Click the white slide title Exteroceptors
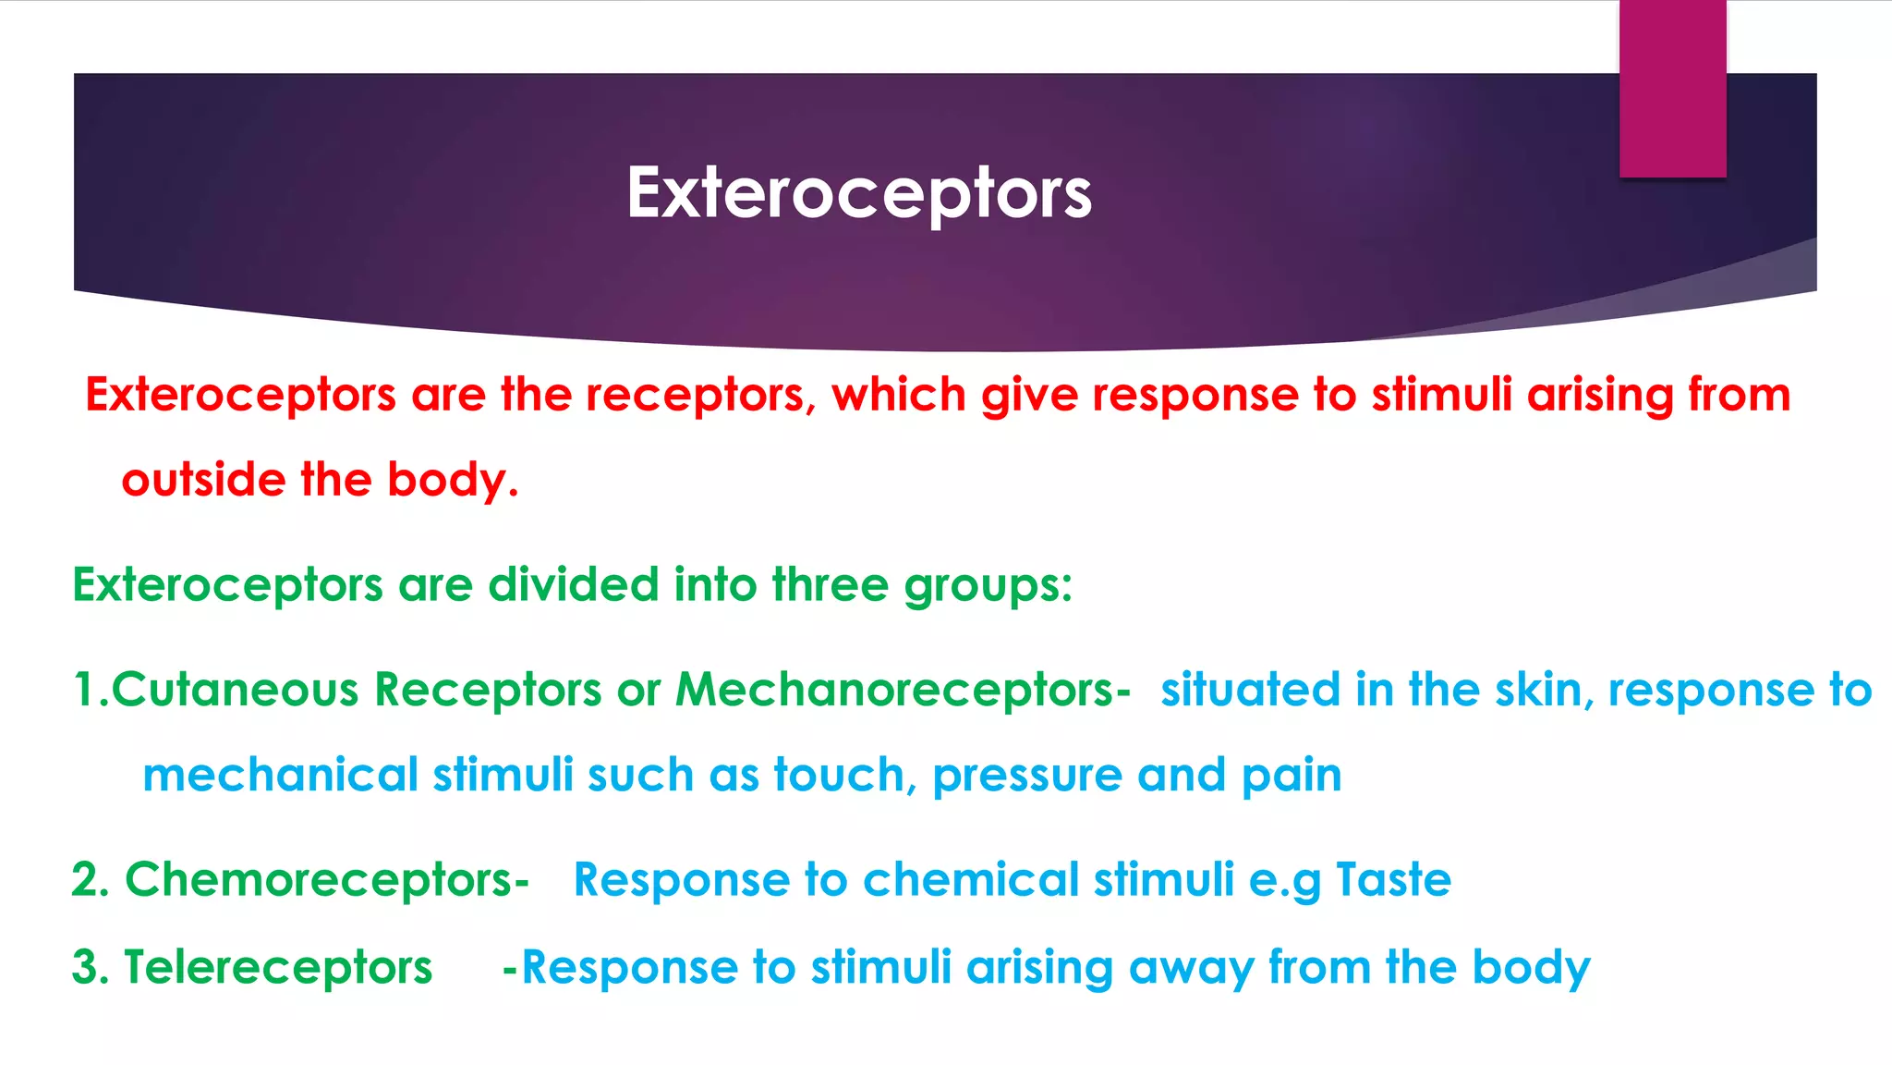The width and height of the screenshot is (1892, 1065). point(858,193)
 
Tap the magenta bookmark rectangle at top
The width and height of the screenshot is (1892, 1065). point(1672,88)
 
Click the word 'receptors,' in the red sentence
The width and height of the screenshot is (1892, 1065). point(701,395)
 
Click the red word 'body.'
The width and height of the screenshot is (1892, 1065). point(453,480)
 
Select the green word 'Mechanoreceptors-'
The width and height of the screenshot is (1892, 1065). point(903,691)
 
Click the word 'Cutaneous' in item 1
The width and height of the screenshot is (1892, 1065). point(235,691)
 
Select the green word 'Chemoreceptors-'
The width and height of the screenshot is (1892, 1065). point(326,879)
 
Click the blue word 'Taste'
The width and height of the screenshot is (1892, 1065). point(1393,879)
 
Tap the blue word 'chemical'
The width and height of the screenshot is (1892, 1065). point(970,879)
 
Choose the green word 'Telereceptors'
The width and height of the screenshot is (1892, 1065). point(278,968)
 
